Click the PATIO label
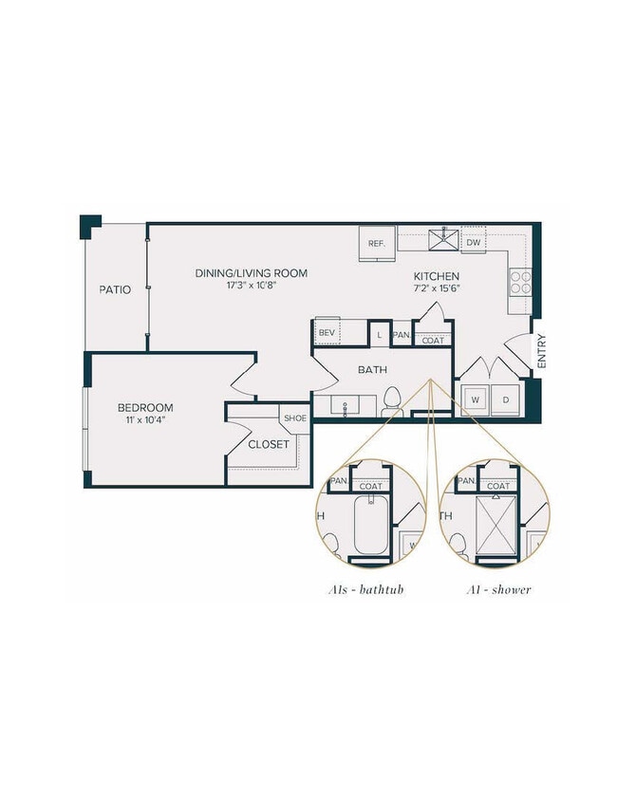coord(115,289)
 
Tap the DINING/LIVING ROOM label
coord(252,273)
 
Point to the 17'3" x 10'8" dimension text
coord(252,286)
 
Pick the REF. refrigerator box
coord(377,244)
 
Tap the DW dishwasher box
coord(473,243)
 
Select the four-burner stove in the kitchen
coord(520,282)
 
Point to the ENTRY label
coord(542,351)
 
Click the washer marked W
coord(475,400)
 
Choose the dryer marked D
coord(506,400)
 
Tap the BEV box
coord(327,333)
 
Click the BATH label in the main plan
coord(370,369)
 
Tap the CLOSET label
coord(269,444)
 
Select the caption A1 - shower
coord(498,590)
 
